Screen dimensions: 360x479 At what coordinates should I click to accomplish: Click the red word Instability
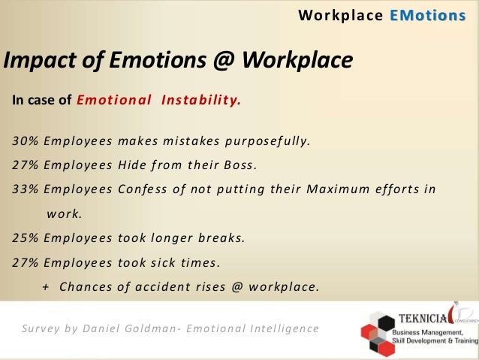coord(201,99)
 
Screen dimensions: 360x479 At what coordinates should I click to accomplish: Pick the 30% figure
coord(26,141)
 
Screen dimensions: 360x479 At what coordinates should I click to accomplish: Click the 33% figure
coord(26,189)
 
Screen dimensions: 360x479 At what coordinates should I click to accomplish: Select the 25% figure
coord(26,238)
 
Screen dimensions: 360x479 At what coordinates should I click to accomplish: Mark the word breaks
coord(221,238)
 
